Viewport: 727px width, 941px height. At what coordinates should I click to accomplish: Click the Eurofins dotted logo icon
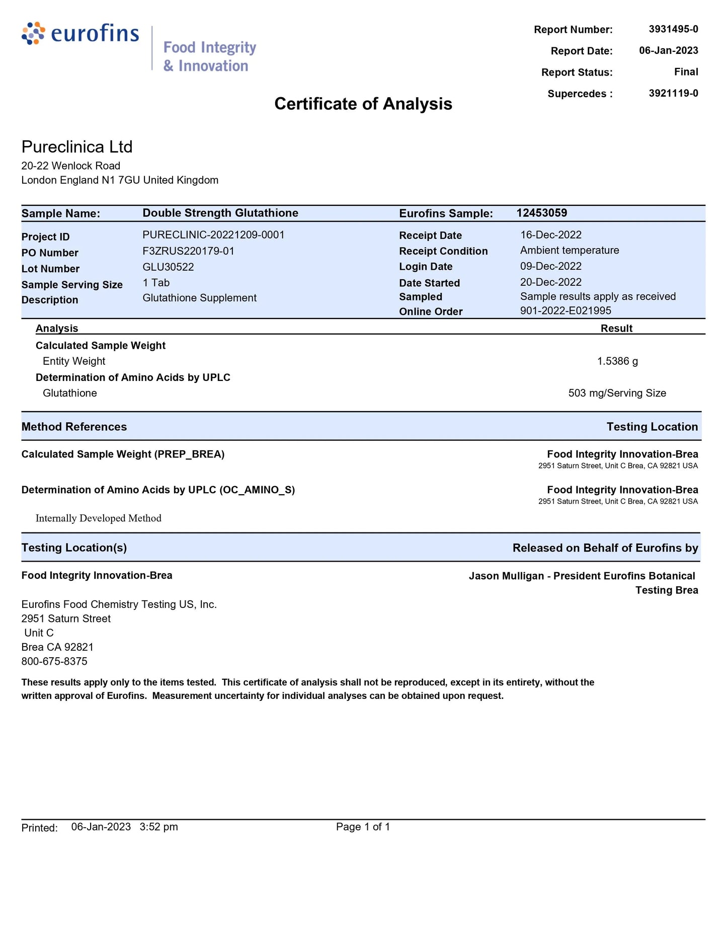click(33, 33)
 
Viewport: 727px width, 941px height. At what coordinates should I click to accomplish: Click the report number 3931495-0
click(673, 29)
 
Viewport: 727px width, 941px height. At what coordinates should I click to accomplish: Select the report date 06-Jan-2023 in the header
click(668, 50)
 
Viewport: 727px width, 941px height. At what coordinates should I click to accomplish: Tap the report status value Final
click(686, 72)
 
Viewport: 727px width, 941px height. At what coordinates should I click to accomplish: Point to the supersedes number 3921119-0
click(673, 93)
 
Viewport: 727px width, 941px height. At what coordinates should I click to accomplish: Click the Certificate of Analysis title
click(363, 104)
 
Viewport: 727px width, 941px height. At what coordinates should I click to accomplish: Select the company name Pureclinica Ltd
click(77, 147)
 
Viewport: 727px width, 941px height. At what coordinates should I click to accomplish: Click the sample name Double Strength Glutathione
click(220, 213)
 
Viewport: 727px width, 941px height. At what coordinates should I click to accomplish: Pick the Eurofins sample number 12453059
click(541, 213)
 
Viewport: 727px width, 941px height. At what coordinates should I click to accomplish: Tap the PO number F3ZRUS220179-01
click(188, 251)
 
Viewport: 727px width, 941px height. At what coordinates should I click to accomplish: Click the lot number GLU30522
click(168, 267)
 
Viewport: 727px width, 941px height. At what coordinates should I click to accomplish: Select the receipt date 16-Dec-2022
click(550, 235)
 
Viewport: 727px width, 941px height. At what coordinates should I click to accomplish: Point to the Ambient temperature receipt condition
click(570, 251)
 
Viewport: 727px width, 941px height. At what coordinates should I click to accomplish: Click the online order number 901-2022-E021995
click(566, 311)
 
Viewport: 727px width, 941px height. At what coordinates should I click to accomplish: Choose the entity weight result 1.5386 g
click(617, 361)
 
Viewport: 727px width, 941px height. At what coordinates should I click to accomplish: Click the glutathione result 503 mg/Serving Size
click(617, 393)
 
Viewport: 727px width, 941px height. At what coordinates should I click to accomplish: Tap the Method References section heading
click(74, 427)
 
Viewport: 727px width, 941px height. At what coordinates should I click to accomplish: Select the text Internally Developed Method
click(99, 518)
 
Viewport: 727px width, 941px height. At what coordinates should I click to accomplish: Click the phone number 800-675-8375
click(54, 661)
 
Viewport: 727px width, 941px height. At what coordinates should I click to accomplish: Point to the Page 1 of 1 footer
click(363, 827)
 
